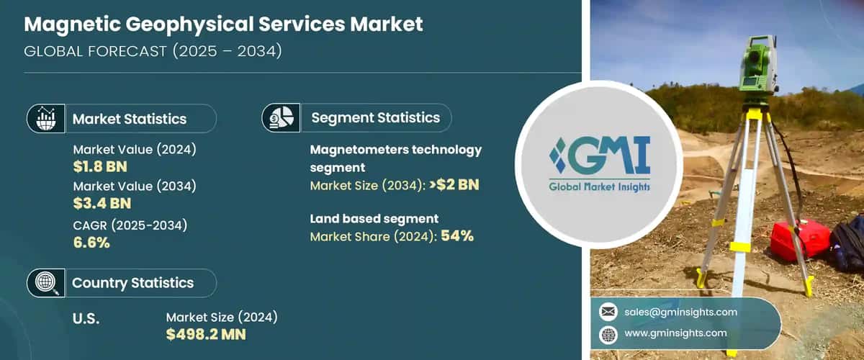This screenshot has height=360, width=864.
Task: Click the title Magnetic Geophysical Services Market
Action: click(x=224, y=24)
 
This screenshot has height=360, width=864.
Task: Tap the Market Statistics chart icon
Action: click(x=46, y=118)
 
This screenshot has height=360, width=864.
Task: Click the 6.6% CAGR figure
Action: click(x=91, y=243)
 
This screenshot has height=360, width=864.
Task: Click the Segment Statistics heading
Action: click(x=375, y=117)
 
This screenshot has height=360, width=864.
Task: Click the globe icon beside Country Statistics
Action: click(x=46, y=283)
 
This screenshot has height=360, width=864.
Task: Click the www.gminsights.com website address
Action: click(x=675, y=333)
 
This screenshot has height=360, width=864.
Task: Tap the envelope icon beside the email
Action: click(x=608, y=312)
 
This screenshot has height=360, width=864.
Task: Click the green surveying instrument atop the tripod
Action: click(x=758, y=66)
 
